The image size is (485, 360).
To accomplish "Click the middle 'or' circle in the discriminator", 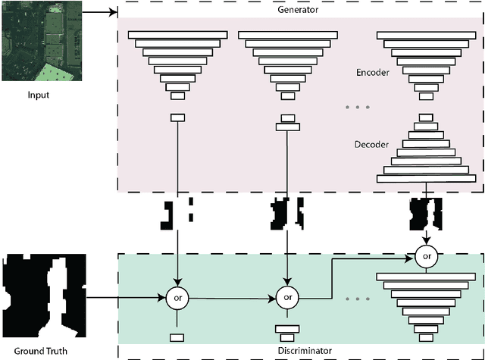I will click(287, 296).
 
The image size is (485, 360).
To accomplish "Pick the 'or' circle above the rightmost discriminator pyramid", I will click(427, 257).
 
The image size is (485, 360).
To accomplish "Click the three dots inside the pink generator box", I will click(357, 108).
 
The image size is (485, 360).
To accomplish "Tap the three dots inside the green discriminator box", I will click(357, 299).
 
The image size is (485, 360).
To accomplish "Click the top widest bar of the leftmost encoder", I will click(177, 33).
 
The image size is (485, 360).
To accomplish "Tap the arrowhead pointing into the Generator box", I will click(114, 13).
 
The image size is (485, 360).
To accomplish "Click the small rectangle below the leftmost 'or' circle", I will click(177, 337).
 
